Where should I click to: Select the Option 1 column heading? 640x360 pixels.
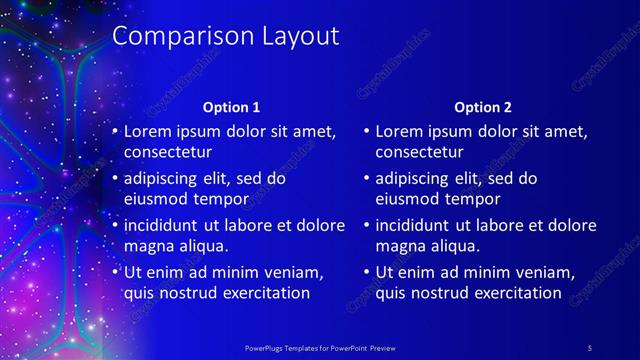click(231, 107)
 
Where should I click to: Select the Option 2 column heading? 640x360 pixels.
click(482, 107)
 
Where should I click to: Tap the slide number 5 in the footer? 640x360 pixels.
click(589, 347)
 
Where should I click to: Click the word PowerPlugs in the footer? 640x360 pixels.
click(265, 347)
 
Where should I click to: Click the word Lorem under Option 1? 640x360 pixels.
click(148, 131)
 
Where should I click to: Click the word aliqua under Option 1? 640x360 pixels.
click(203, 246)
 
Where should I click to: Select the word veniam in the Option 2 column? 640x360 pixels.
click(542, 272)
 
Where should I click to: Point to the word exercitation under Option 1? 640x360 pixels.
click(264, 293)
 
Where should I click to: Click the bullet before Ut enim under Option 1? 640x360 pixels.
click(115, 272)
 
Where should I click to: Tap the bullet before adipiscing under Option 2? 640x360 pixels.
click(367, 178)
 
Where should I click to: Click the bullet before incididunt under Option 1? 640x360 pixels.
click(115, 225)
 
